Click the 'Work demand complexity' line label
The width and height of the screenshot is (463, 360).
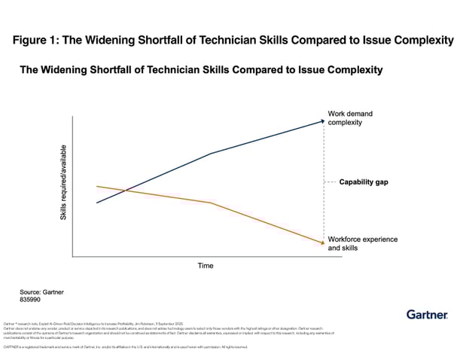point(350,118)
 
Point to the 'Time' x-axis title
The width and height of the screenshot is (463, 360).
point(206,266)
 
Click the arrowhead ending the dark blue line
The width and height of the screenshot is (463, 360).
point(321,120)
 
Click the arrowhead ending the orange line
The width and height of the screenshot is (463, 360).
point(321,243)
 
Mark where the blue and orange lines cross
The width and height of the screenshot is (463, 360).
point(124,191)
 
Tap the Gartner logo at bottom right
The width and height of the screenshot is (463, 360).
point(428,314)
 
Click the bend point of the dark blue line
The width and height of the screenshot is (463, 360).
point(211,153)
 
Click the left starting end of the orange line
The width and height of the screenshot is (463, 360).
point(97,185)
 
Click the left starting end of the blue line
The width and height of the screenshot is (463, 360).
point(97,203)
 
